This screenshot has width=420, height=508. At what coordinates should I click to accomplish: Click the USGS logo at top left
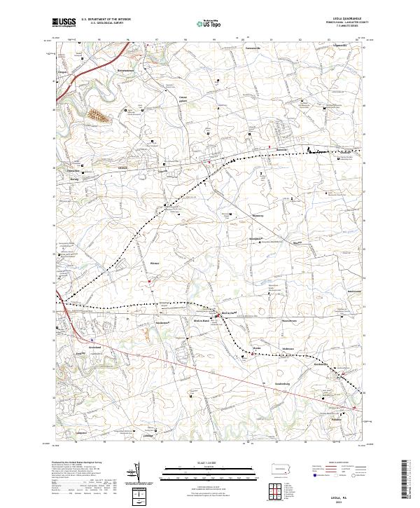pyautogui.click(x=64, y=22)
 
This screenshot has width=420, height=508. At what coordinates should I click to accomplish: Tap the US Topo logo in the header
pyautogui.click(x=202, y=22)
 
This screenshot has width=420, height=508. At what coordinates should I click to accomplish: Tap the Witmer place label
pyautogui.click(x=155, y=263)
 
